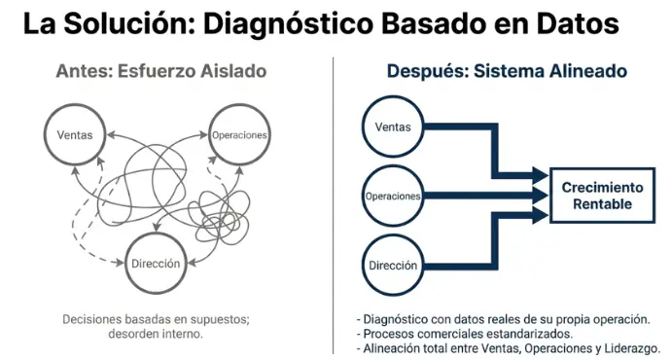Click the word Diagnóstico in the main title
[288, 25]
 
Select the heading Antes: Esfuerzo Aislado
[161, 71]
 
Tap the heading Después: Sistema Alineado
[507, 71]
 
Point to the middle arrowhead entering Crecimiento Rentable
[541, 196]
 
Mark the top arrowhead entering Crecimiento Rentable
[541, 175]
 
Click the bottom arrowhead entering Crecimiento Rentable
[541, 215]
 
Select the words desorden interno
[156, 334]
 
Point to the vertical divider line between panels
[333, 205]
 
